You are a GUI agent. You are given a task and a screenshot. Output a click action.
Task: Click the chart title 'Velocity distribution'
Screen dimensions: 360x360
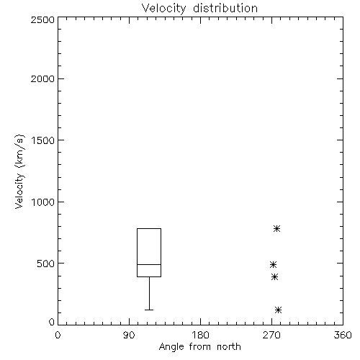point(199,8)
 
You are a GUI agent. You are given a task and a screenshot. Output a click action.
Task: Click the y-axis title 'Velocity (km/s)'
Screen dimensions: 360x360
point(19,171)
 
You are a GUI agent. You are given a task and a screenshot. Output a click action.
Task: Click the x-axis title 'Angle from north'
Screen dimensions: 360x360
point(199,347)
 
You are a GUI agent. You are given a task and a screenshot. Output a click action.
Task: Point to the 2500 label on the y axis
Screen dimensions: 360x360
point(42,19)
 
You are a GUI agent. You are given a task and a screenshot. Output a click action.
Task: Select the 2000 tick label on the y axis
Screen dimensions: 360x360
point(42,78)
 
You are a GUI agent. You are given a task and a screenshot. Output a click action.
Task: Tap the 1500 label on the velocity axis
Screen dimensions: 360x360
point(43,140)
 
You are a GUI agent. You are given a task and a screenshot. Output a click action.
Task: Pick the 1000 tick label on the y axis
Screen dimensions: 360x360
point(43,202)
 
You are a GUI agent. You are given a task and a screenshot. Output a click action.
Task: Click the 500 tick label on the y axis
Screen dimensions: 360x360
point(46,264)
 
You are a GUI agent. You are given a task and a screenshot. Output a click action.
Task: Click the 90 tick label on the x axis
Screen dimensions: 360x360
point(129,335)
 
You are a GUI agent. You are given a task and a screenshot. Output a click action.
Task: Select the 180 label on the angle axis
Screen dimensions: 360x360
point(200,335)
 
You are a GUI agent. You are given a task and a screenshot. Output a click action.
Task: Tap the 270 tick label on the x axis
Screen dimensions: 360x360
point(271,335)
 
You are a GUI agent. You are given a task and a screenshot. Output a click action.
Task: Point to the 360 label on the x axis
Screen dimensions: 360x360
point(343,335)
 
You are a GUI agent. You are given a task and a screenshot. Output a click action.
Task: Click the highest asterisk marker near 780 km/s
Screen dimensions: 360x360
point(276,228)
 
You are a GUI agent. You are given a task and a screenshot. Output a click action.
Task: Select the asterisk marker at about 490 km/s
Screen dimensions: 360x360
point(273,265)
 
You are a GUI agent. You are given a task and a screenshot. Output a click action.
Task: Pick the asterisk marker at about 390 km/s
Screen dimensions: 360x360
point(275,277)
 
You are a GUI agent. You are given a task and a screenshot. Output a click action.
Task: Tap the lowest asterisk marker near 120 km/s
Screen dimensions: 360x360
point(278,310)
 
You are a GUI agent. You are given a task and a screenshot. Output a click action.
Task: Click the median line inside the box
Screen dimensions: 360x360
point(149,264)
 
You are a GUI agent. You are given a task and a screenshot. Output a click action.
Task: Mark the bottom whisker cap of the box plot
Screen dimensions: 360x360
point(149,310)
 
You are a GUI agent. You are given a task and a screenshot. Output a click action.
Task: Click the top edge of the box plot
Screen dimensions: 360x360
point(149,228)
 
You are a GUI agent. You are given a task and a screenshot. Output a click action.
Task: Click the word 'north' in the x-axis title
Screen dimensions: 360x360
point(229,347)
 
